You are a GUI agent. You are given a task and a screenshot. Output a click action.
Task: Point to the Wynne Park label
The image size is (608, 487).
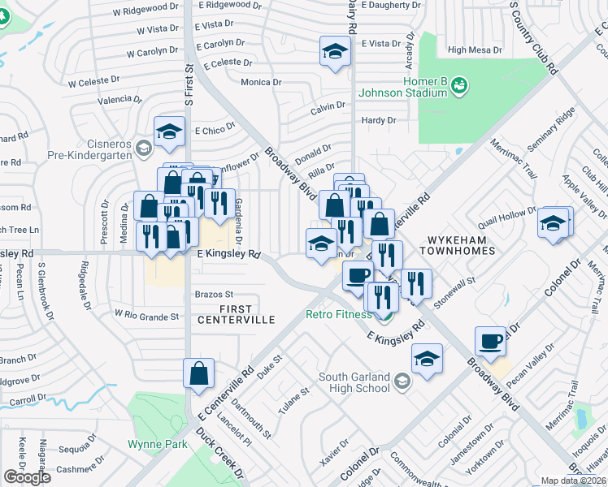tap(158, 444)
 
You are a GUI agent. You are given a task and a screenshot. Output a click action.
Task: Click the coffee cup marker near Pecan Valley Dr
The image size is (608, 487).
tap(490, 342)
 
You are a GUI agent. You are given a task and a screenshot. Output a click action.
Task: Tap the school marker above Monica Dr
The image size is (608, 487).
tap(332, 53)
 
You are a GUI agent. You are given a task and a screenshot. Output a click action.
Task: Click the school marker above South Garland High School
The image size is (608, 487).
tap(427, 358)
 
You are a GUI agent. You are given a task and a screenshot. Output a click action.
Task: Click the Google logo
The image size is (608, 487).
tap(27, 477)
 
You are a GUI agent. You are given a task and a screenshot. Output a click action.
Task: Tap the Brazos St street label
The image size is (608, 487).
tap(214, 294)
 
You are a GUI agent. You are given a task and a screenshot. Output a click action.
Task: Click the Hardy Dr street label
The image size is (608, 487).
tap(378, 120)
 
